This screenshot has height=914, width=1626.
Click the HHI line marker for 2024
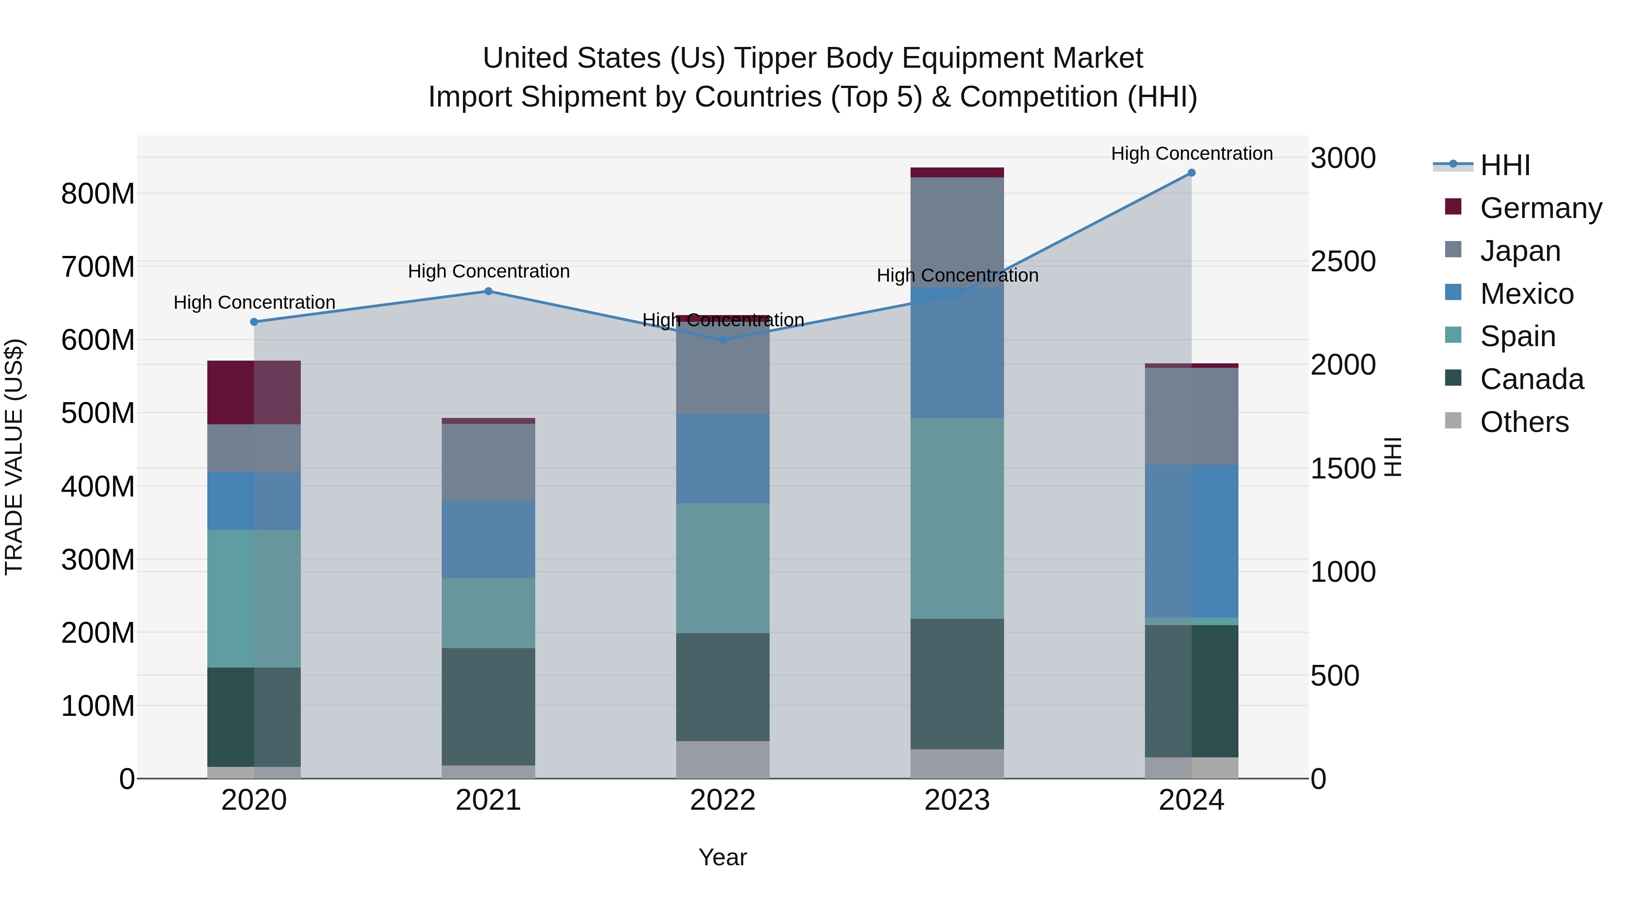1191,173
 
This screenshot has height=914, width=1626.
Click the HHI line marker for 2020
254,322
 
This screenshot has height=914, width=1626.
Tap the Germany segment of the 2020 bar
254,392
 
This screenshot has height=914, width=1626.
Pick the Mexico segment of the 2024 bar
1191,541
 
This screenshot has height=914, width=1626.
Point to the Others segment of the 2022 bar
723,760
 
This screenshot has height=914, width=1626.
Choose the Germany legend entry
1540,208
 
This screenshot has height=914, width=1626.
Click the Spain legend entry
1518,336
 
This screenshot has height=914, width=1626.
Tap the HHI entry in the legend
1505,165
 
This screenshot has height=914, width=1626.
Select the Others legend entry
1524,422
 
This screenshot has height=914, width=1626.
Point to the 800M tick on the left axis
98,194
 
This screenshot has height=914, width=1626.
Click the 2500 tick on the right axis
1343,261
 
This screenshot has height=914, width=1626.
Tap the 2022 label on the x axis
723,800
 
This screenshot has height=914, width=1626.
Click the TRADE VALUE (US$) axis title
14,457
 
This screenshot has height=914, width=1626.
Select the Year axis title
723,857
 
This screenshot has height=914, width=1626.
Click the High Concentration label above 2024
1191,153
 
